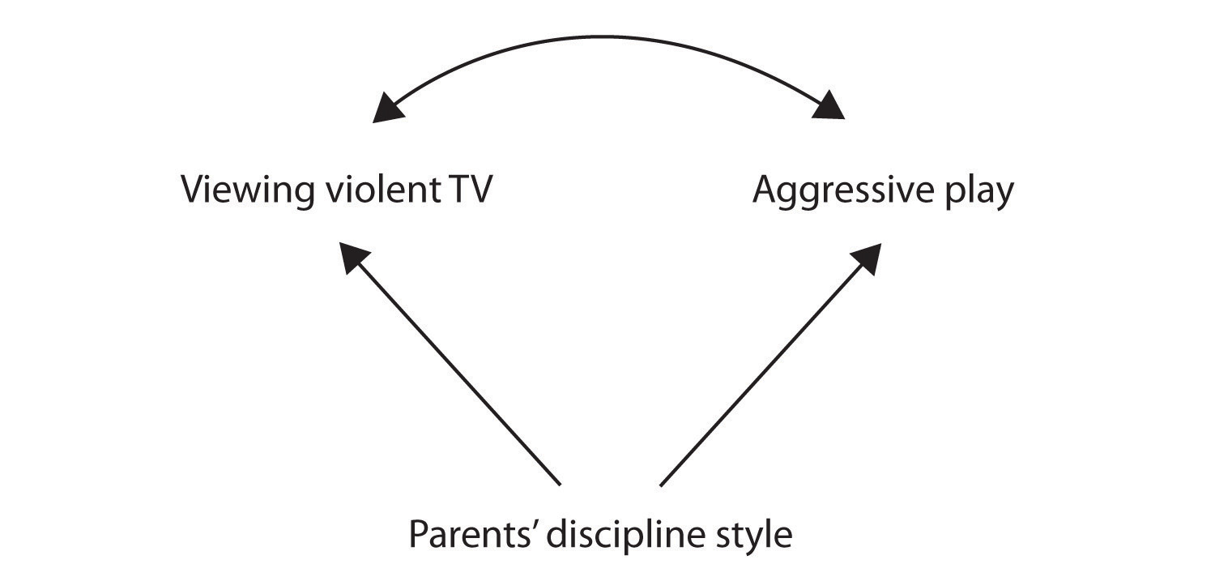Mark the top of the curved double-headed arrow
607,36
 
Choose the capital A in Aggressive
766,190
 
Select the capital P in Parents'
418,536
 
